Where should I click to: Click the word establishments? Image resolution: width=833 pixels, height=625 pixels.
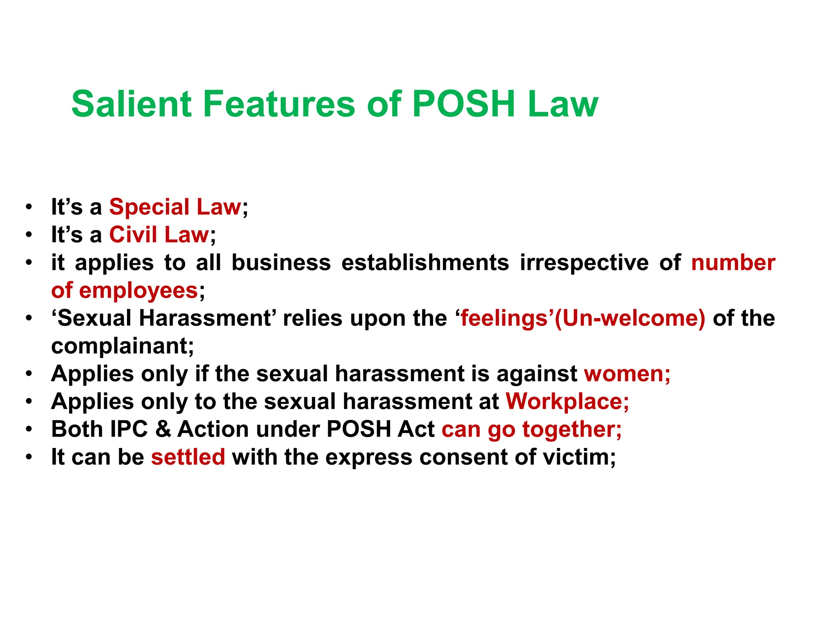425,262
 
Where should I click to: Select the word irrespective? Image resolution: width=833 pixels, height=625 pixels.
584,262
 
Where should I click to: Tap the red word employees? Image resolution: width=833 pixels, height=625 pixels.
138,291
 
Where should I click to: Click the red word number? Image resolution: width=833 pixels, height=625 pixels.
733,262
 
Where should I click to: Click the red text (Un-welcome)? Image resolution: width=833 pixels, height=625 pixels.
630,318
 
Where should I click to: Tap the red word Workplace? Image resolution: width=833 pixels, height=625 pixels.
564,402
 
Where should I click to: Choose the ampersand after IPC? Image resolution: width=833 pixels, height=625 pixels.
163,429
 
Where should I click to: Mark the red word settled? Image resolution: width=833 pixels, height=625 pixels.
188,457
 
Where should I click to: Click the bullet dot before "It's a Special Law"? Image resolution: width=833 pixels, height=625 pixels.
28,207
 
